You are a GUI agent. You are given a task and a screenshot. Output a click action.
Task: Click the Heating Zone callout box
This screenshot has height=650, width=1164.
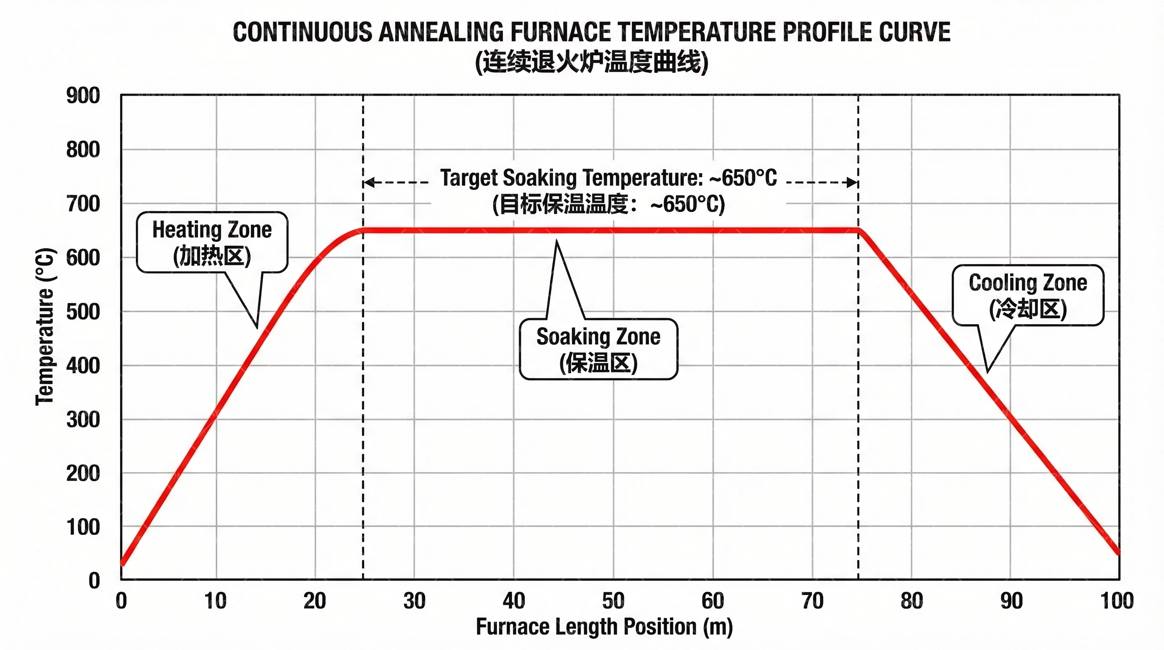coord(212,242)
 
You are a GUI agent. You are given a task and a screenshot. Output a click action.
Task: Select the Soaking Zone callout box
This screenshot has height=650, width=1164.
coord(598,349)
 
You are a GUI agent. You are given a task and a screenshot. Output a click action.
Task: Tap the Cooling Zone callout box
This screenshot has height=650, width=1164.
coord(1027,295)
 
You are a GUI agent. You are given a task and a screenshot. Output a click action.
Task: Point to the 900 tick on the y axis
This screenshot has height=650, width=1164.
coord(83,96)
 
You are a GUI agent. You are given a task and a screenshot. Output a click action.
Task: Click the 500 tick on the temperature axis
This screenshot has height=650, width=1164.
coord(83,312)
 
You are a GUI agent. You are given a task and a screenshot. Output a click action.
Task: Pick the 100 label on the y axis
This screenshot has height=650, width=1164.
coord(83,527)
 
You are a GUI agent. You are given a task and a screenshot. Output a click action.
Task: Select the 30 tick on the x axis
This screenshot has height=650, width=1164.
coord(415,601)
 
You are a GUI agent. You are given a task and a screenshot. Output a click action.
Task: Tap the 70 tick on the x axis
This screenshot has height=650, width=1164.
coord(813,601)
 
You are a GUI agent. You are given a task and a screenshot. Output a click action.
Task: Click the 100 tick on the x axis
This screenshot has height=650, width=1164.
coord(1117,601)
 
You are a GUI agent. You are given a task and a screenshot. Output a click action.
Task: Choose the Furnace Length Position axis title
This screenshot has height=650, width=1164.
coord(604,627)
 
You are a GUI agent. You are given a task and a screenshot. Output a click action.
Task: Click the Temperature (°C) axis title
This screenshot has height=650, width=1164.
coord(45,326)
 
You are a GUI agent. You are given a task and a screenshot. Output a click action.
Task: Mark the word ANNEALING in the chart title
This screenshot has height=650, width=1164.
coord(441,33)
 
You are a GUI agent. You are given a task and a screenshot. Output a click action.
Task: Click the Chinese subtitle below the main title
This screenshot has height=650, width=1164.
coord(591,62)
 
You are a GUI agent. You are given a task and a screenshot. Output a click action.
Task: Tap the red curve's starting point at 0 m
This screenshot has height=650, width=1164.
coord(122,563)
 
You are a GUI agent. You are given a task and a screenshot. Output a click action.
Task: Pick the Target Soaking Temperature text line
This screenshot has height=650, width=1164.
coord(608,178)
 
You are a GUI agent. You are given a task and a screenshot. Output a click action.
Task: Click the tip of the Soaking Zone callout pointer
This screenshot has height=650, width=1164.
coord(556,240)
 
